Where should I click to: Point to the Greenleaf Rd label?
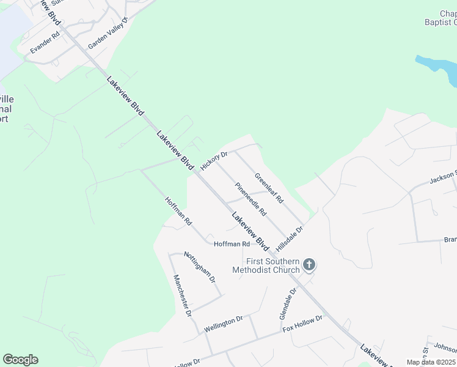269,187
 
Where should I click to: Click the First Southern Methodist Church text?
266,265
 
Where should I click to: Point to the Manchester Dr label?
182,295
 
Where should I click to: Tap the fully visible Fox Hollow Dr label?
303,324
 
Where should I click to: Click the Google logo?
20,360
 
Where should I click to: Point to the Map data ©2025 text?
431,362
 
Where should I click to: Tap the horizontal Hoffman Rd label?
232,244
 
